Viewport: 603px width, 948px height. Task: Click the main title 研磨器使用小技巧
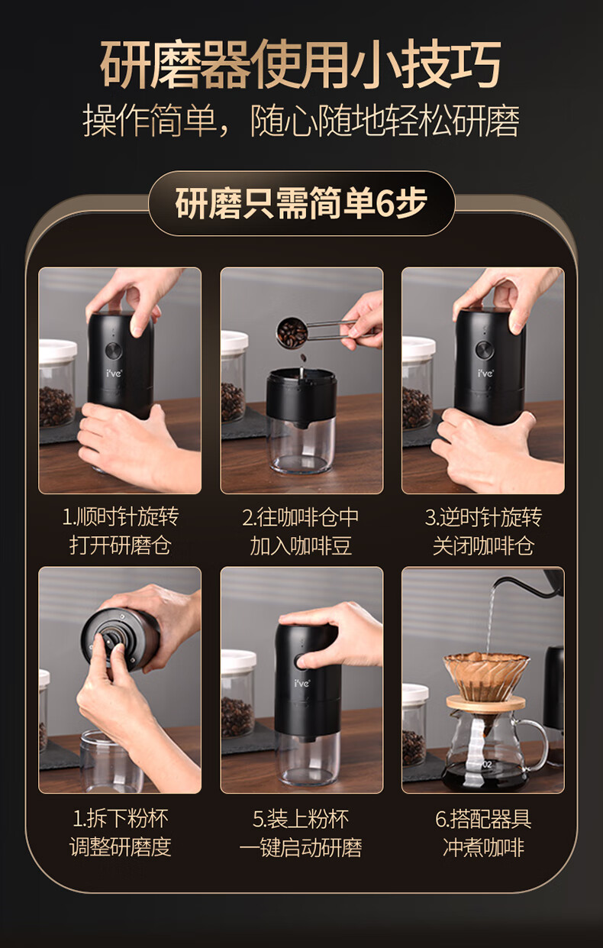(x=301, y=64)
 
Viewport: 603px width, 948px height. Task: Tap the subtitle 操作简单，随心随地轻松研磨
(x=301, y=121)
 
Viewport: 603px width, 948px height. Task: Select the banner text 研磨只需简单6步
(x=301, y=202)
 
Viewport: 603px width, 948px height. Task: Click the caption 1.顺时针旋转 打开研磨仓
(x=120, y=531)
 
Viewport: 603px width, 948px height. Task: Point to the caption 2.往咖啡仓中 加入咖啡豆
(x=301, y=531)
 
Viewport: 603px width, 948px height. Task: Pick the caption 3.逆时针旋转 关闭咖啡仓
(x=483, y=531)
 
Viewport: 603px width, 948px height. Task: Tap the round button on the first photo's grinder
(x=113, y=351)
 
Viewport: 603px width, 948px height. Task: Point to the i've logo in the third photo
(x=485, y=374)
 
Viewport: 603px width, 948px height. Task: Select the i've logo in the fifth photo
(x=302, y=683)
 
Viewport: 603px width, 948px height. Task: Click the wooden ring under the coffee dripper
(x=486, y=704)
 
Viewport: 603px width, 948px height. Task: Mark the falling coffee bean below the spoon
(x=303, y=358)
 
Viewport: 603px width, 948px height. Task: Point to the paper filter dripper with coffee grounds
(x=486, y=676)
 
